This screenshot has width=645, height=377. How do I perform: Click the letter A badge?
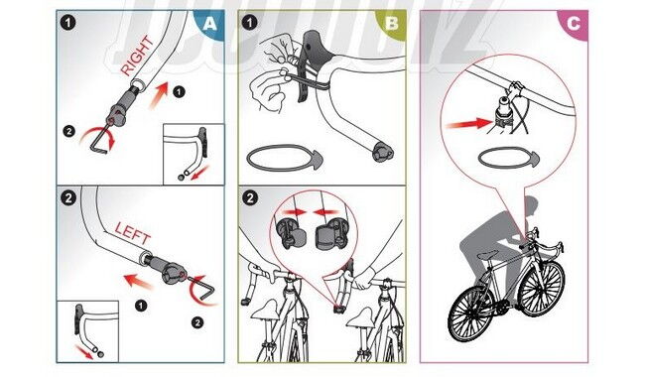207,25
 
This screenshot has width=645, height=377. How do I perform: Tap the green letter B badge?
391,25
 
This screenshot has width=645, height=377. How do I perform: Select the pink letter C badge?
573,25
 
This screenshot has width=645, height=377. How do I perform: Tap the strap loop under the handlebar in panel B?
282,158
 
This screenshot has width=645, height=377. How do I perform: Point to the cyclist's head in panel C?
530,206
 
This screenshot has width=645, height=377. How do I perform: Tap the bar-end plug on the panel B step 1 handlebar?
381,155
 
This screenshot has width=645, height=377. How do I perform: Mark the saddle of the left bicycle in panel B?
264,309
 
